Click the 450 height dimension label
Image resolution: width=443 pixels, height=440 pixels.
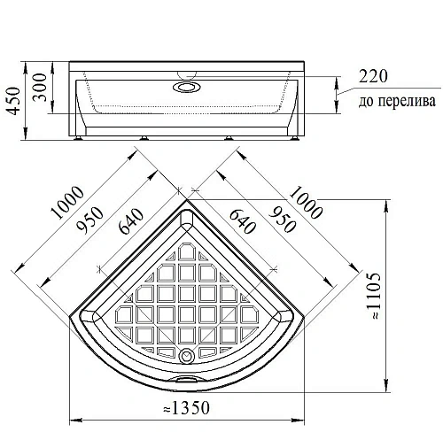[x=14, y=101]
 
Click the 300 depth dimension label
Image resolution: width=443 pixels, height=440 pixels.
[x=40, y=88]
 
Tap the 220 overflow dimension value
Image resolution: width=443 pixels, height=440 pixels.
[x=373, y=76]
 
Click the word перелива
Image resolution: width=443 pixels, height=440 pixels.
[x=408, y=101]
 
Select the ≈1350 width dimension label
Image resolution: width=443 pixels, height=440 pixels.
[x=186, y=407]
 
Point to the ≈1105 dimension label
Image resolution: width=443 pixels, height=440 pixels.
[x=373, y=296]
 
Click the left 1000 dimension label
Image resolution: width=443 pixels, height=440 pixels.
[x=67, y=202]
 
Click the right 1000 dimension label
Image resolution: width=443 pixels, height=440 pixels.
[x=306, y=202]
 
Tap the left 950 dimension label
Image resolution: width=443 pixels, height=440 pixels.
[x=90, y=220]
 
